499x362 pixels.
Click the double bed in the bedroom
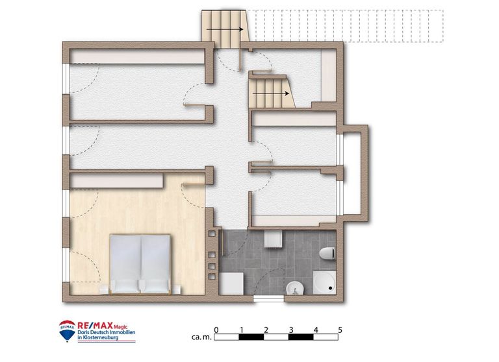click(141, 263)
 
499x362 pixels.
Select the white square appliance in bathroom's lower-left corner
click(231, 283)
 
